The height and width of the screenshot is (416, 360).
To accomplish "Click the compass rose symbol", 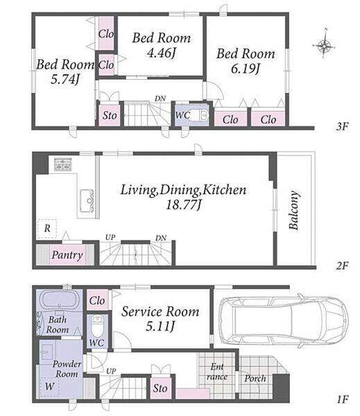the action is click(324, 46).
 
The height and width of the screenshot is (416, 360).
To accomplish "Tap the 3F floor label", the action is click(342, 126).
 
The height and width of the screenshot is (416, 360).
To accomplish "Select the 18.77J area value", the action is click(184, 205).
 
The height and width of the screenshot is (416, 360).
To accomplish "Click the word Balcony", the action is click(294, 210).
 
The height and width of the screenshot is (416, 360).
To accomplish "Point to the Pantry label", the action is click(67, 255).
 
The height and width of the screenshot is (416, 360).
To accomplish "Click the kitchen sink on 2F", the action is click(87, 200).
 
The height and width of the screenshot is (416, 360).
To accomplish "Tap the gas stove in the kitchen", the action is click(63, 164).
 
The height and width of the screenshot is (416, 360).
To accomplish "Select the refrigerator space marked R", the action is click(47, 229).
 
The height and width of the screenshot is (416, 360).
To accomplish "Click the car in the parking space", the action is click(284, 321).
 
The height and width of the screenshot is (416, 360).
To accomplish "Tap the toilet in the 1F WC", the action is click(96, 327).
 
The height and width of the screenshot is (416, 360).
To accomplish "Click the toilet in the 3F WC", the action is click(198, 115).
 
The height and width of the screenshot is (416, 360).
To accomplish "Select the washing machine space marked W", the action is click(49, 387).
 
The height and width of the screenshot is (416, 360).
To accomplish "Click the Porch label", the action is click(255, 379).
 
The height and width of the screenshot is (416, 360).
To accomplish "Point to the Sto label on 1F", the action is click(160, 388).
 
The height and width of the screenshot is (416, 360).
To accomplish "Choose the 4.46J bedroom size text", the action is click(162, 53).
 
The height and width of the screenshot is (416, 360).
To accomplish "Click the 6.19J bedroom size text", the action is click(246, 69).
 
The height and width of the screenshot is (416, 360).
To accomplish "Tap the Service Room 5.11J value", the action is click(160, 327).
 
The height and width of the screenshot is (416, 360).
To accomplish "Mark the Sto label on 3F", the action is click(110, 116).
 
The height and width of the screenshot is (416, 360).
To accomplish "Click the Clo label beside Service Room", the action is click(97, 301).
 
